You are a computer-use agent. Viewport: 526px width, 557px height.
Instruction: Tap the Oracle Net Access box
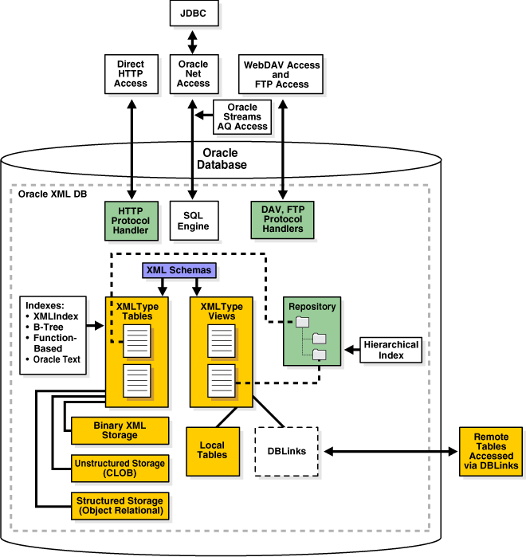pos(193,73)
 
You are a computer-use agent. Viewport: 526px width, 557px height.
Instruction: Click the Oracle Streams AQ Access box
pos(243,117)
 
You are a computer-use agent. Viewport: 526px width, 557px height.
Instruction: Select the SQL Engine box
pos(193,220)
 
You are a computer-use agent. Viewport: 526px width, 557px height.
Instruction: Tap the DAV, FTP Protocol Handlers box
pos(282,219)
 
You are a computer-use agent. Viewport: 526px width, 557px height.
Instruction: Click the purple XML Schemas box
pos(179,270)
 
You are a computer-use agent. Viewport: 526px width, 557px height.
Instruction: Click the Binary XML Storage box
pos(120,431)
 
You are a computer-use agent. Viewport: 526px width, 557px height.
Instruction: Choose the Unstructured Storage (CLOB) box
pos(120,469)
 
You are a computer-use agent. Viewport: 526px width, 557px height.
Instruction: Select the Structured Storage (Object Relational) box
pos(120,505)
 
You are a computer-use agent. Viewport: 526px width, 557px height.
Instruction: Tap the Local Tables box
pos(213,449)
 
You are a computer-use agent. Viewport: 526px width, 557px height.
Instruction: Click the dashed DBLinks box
pos(286,451)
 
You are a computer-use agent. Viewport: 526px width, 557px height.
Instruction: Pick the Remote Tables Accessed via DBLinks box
pos(491,451)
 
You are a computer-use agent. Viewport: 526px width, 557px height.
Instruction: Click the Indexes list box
pos(52,335)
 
